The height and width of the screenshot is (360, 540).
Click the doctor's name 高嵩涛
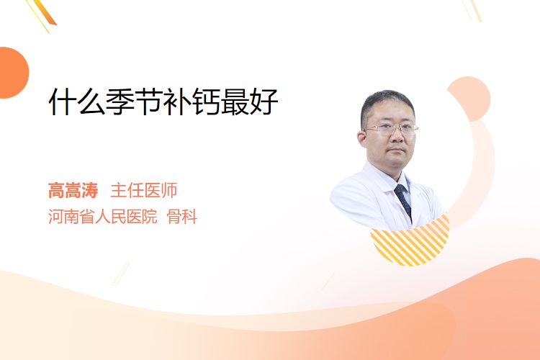[73, 191]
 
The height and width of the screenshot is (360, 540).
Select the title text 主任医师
[144, 191]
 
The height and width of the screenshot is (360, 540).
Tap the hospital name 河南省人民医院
[103, 217]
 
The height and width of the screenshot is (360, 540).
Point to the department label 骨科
[182, 217]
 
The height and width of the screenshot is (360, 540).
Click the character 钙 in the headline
[207, 102]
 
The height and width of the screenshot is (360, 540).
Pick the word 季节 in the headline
[135, 102]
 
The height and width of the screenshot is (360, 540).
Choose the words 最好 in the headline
[249, 102]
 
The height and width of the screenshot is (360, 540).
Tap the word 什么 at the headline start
[77, 102]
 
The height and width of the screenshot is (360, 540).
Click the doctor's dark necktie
[403, 201]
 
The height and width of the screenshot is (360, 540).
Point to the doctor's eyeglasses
[391, 129]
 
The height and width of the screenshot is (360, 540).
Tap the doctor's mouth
[397, 150]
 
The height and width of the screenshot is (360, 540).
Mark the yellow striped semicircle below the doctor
[410, 245]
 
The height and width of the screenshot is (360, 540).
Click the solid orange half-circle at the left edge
[13, 73]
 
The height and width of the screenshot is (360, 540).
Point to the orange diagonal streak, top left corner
[48, 13]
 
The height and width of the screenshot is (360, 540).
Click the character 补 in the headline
[178, 102]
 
